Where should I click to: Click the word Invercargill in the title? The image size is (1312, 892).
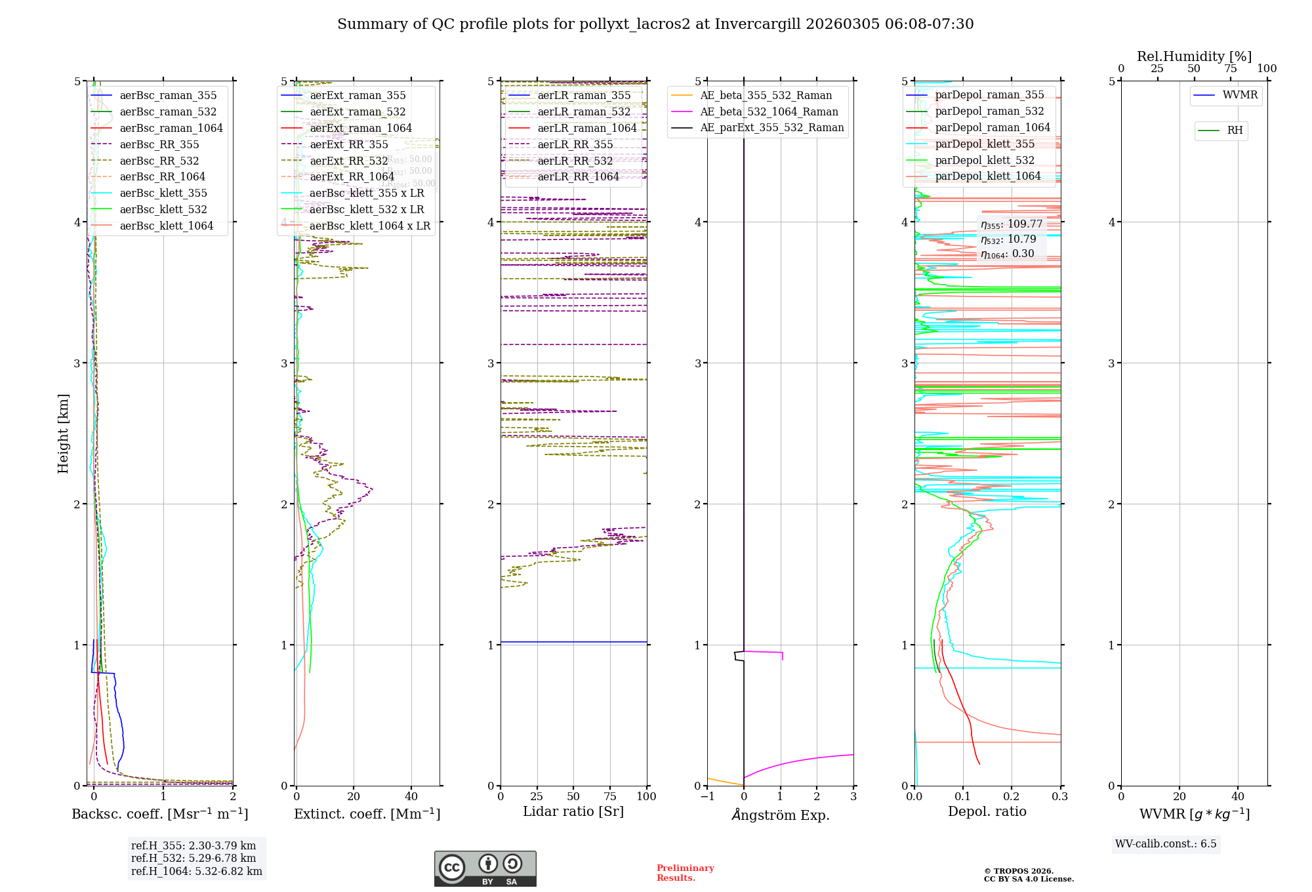758,24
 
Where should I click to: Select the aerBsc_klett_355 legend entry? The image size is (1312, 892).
163,193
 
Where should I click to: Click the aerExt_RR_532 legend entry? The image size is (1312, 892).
349,161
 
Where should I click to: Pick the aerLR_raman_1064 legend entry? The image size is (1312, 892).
587,129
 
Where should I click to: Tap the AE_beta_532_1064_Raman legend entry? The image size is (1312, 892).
769,112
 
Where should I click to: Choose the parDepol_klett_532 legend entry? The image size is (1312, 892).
985,161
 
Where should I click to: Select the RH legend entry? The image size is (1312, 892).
1235,131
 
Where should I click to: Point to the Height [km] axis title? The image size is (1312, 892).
63,434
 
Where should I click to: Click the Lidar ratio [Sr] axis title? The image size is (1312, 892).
573,812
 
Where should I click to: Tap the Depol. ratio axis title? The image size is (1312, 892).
987,812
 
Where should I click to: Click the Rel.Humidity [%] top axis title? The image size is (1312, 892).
1194,56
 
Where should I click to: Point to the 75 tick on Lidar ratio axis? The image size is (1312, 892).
610,797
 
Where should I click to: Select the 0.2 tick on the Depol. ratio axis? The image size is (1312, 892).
1012,797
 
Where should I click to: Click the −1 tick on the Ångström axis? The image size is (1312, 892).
707,797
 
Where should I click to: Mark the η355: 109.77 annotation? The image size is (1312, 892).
1012,224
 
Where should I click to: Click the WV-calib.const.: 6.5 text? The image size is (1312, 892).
1166,844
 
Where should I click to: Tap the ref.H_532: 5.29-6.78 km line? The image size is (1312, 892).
194,859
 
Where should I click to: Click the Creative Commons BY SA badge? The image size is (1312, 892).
485,868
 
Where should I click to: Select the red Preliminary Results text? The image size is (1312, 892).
685,873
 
